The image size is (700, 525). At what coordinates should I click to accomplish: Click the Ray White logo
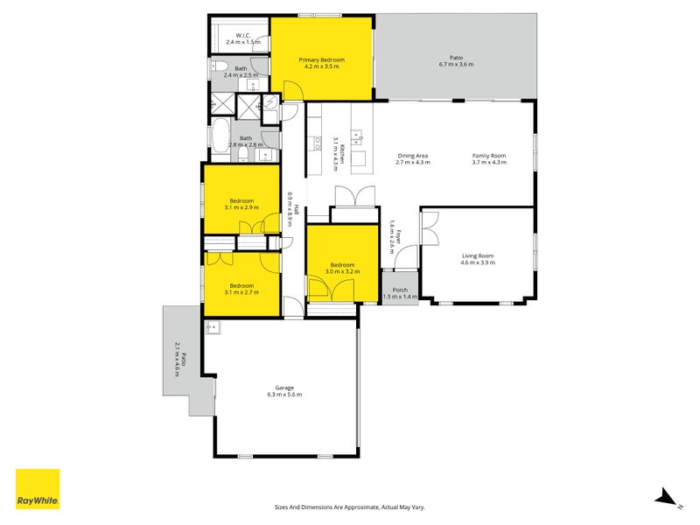click(x=38, y=489)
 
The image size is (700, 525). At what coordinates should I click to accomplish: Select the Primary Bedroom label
click(x=321, y=59)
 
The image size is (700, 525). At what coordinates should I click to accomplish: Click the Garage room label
click(x=284, y=388)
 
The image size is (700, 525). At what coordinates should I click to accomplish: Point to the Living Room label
click(x=478, y=255)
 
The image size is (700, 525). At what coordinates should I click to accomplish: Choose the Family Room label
click(x=489, y=156)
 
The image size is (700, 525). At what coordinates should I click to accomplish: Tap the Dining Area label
click(x=413, y=156)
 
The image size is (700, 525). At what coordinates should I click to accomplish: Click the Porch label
click(x=400, y=290)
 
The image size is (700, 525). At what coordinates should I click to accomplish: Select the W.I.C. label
click(x=243, y=35)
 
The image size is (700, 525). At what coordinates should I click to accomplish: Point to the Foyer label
click(x=399, y=237)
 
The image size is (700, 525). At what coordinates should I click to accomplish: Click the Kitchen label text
click(x=342, y=154)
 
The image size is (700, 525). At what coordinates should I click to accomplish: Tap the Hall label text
click(x=296, y=209)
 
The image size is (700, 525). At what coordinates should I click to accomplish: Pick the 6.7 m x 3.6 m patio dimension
click(x=456, y=64)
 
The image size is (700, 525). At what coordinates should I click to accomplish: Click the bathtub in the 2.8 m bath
click(x=220, y=136)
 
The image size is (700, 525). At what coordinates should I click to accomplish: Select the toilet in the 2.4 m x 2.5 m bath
click(x=218, y=67)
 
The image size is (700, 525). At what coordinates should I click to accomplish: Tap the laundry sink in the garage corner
click(x=213, y=327)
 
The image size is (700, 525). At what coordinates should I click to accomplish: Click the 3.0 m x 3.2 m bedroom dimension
click(x=342, y=271)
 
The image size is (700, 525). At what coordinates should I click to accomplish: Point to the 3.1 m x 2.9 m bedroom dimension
click(x=241, y=207)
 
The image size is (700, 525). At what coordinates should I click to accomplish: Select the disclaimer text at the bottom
click(x=349, y=507)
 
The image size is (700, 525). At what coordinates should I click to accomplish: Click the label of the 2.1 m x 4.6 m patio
click(x=180, y=359)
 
